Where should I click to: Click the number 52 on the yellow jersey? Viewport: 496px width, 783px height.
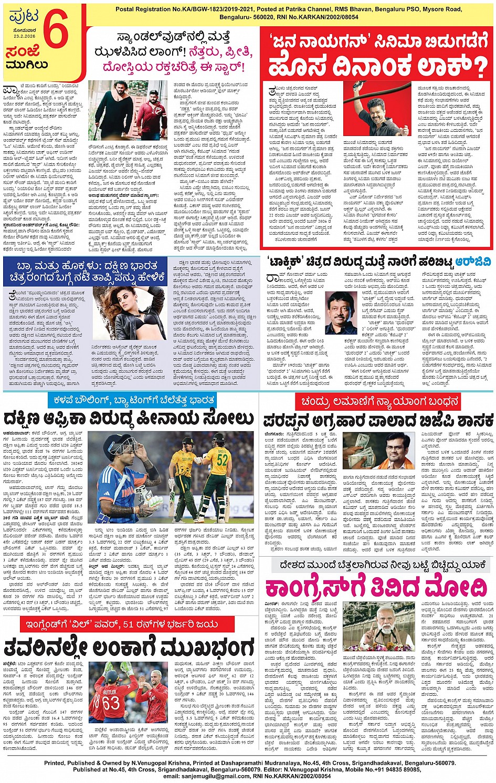tap(223, 461)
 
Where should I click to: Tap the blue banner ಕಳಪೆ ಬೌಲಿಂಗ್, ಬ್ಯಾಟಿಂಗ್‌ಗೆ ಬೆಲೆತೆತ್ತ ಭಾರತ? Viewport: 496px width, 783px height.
tap(132, 400)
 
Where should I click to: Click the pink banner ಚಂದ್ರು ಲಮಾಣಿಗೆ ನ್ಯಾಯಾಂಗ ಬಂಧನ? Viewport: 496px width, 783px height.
tap(379, 402)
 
